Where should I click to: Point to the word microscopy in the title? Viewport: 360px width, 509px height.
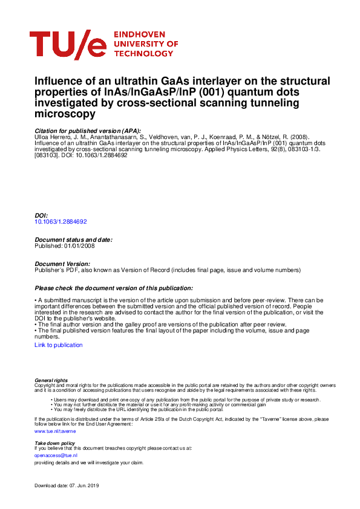[65, 114]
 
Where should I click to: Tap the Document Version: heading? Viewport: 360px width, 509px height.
[62, 264]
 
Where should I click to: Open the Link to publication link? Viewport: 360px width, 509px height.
[59, 345]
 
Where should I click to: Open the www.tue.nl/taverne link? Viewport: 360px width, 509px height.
[55, 432]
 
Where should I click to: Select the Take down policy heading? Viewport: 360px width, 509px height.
[54, 443]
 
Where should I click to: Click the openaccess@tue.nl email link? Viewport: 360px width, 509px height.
[51, 455]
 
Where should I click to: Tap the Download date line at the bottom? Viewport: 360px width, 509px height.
[67, 487]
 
